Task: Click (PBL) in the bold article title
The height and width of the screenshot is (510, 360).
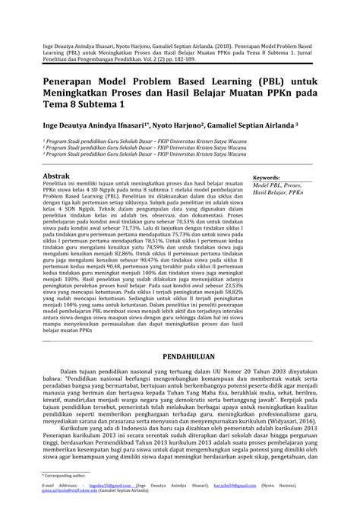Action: [x=248, y=81]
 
